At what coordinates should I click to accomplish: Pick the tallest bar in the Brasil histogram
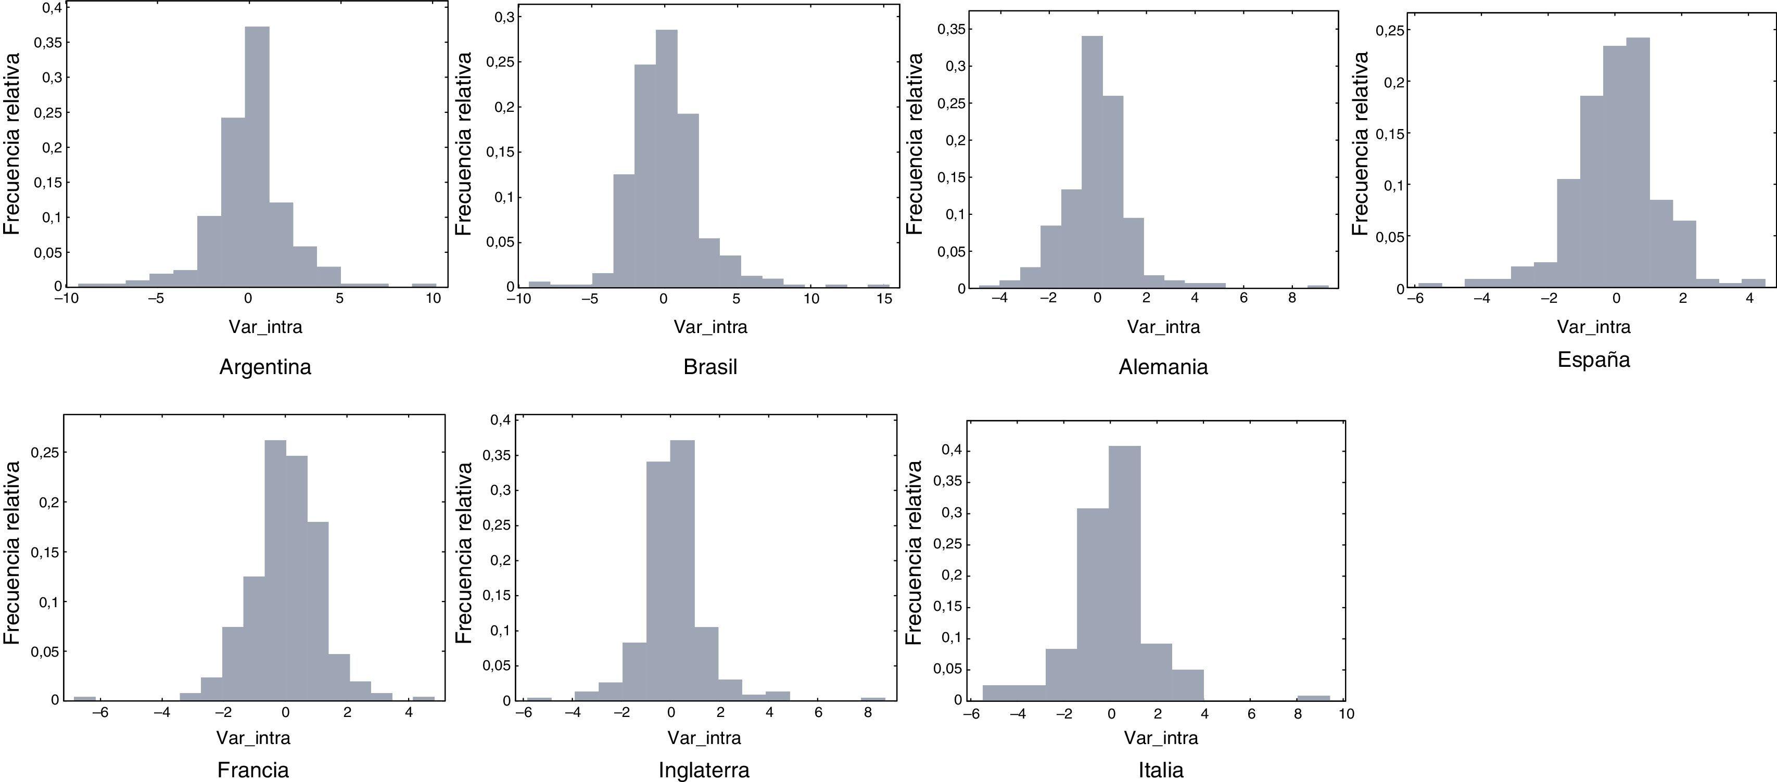click(x=666, y=159)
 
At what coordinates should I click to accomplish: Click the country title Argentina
click(x=265, y=367)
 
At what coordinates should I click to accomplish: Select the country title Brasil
click(x=710, y=367)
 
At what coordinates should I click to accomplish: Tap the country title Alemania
click(x=1163, y=367)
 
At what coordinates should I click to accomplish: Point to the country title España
click(x=1593, y=360)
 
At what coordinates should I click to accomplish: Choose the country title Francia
click(x=253, y=770)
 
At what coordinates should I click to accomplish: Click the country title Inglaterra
click(x=704, y=770)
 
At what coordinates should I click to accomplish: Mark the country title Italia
click(x=1161, y=770)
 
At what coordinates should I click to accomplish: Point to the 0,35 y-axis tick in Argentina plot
click(x=47, y=43)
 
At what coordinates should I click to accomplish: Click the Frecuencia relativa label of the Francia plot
click(x=12, y=553)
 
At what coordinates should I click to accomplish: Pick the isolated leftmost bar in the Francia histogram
click(x=84, y=699)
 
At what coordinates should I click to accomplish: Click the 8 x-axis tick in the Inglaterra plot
click(x=868, y=712)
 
